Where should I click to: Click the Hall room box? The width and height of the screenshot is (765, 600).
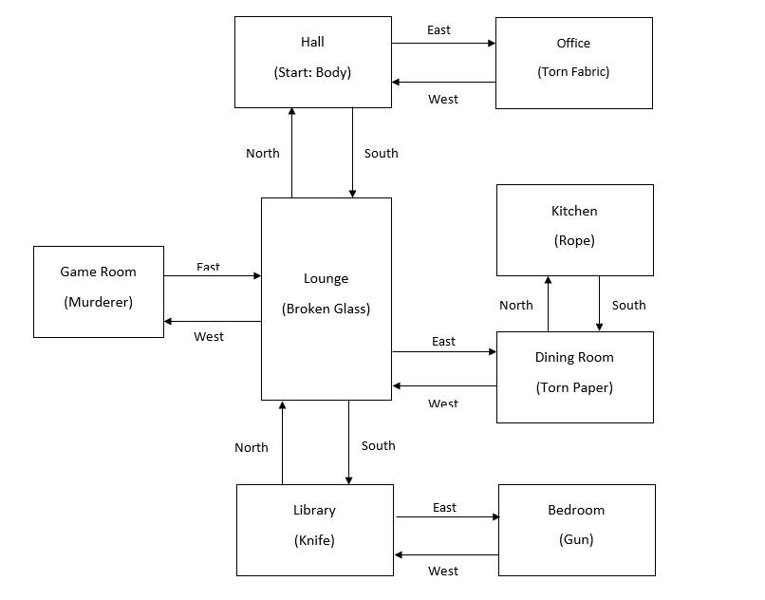pyautogui.click(x=312, y=61)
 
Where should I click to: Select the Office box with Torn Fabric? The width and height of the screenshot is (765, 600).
pyautogui.click(x=573, y=62)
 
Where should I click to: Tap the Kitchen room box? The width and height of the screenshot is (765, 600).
pyautogui.click(x=574, y=230)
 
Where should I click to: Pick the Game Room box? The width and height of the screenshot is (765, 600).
pyautogui.click(x=98, y=291)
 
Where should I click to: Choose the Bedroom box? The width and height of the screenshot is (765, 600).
pyautogui.click(x=576, y=529)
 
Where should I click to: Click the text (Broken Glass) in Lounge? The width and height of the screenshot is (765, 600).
pyautogui.click(x=326, y=309)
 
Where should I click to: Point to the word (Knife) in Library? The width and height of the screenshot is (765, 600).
pyautogui.click(x=314, y=540)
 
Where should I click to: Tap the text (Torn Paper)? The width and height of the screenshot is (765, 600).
pyautogui.click(x=574, y=387)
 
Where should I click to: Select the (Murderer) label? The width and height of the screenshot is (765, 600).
pyautogui.click(x=98, y=302)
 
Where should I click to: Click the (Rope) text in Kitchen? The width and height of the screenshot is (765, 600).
pyautogui.click(x=574, y=241)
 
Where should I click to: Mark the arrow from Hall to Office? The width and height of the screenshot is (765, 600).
pyautogui.click(x=443, y=43)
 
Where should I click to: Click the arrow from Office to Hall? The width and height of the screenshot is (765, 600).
pyautogui.click(x=443, y=83)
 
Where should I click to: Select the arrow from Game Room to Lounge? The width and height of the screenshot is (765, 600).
pyautogui.click(x=212, y=276)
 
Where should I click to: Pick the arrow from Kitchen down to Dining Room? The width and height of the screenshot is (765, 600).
pyautogui.click(x=599, y=304)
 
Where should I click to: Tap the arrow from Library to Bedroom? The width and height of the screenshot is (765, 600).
pyautogui.click(x=446, y=517)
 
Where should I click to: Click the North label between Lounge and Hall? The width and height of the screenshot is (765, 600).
pyautogui.click(x=263, y=153)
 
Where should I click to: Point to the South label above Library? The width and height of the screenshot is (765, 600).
pyautogui.click(x=378, y=445)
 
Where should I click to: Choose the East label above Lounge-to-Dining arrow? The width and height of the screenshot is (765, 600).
pyautogui.click(x=443, y=341)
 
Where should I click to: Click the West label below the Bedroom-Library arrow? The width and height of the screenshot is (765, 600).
pyautogui.click(x=443, y=571)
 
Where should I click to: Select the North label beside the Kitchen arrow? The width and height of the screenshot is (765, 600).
pyautogui.click(x=515, y=305)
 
